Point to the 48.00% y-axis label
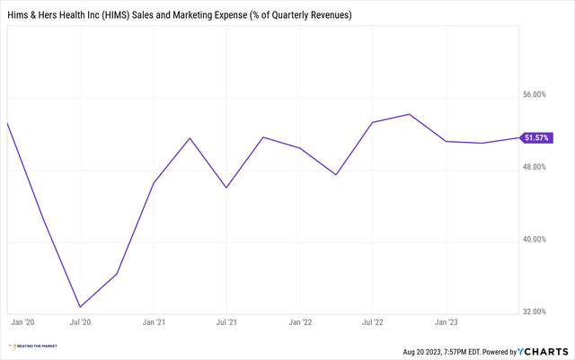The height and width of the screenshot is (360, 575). tap(534, 167)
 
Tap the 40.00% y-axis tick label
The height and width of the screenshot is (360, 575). tap(534, 240)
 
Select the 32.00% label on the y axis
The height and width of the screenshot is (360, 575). tap(534, 312)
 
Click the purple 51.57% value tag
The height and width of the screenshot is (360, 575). tap(536, 137)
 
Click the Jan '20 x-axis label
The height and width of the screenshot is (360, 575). tap(22, 320)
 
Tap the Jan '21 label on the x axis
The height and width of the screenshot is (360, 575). tap(154, 320)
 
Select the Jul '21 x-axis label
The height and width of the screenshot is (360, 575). tap(226, 320)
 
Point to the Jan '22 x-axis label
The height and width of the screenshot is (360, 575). tap(300, 320)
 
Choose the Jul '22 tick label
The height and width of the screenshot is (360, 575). tap(373, 320)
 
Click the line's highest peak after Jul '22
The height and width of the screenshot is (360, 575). tap(410, 114)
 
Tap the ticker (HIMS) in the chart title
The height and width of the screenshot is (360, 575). tap(134, 16)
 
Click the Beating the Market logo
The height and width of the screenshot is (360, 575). tap(35, 346)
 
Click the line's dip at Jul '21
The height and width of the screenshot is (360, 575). tap(226, 188)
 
